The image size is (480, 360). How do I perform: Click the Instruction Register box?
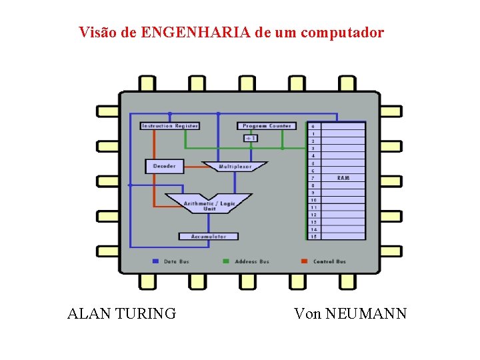click(170, 126)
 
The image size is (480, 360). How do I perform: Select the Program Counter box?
click(267, 126)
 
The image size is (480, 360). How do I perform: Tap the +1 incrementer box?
click(251, 138)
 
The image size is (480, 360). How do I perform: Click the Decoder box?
click(164, 166)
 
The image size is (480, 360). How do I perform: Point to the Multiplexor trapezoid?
click(235, 166)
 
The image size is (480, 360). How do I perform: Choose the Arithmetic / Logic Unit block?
click(209, 203)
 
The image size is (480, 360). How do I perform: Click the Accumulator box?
click(209, 237)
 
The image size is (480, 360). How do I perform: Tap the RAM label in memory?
click(343, 178)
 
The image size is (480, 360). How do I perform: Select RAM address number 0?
click(313, 126)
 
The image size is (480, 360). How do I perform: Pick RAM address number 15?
click(313, 237)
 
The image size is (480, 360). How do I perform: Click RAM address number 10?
click(313, 200)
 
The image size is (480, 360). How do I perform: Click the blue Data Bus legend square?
click(155, 261)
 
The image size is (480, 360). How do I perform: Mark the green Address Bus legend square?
click(226, 261)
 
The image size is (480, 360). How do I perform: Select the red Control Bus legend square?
click(304, 261)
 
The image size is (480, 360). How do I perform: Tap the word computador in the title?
click(343, 33)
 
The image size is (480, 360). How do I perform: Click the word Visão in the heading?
click(98, 33)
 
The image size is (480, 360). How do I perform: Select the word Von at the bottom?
click(307, 313)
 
